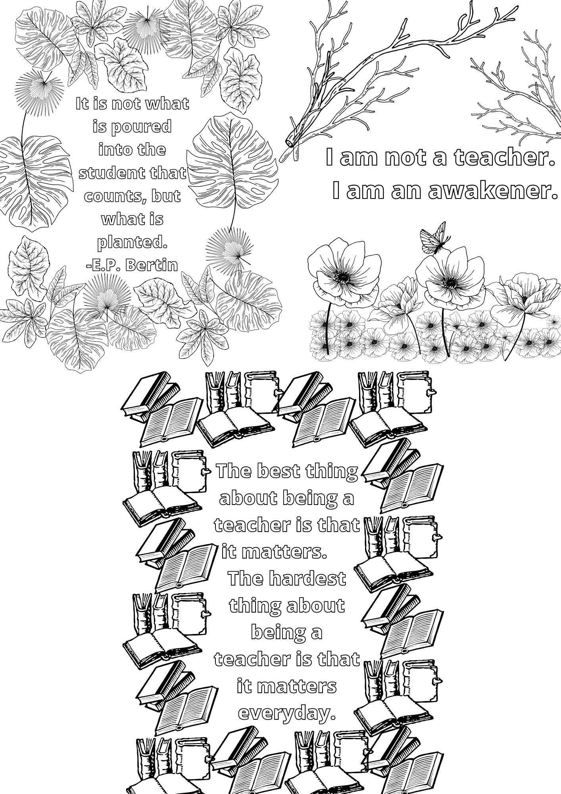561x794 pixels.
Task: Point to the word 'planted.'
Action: point(133,243)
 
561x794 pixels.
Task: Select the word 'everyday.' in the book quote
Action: point(286,713)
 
